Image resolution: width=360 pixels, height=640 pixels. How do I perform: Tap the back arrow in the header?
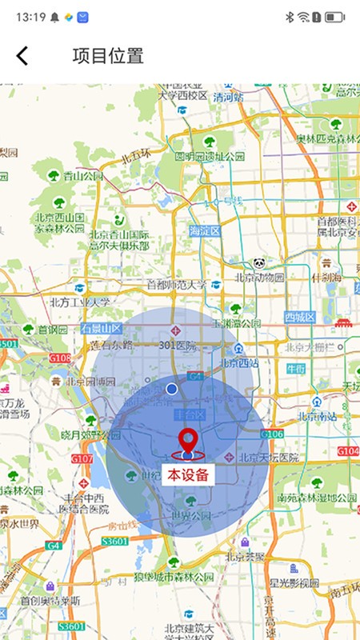(x=22, y=55)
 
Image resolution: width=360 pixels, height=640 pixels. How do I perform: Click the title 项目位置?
(x=108, y=56)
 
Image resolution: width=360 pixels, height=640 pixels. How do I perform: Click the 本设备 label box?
(x=189, y=474)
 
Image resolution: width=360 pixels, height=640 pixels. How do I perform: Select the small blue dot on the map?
(x=171, y=388)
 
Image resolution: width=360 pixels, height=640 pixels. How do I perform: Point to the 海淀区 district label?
(x=204, y=230)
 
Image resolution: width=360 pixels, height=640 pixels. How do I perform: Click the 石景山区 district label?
(x=100, y=328)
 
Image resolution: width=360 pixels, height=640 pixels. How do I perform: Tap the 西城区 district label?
(x=300, y=318)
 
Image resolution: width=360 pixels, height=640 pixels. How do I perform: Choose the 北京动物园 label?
(x=259, y=278)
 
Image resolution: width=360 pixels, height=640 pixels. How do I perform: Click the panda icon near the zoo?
(x=259, y=262)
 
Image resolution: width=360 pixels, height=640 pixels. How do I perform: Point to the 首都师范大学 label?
(x=176, y=284)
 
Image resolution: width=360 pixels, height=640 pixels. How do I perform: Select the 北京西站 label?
(x=238, y=362)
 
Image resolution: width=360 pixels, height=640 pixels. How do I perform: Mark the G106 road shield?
(x=271, y=434)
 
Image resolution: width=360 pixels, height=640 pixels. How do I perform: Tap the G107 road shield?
(x=82, y=459)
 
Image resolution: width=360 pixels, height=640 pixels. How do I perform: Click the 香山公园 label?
(x=84, y=176)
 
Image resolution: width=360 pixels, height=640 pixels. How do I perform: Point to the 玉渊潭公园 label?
(x=236, y=323)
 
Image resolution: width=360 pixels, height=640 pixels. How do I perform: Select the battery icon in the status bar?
(x=335, y=16)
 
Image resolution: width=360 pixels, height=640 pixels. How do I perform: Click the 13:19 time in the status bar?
(x=30, y=16)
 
